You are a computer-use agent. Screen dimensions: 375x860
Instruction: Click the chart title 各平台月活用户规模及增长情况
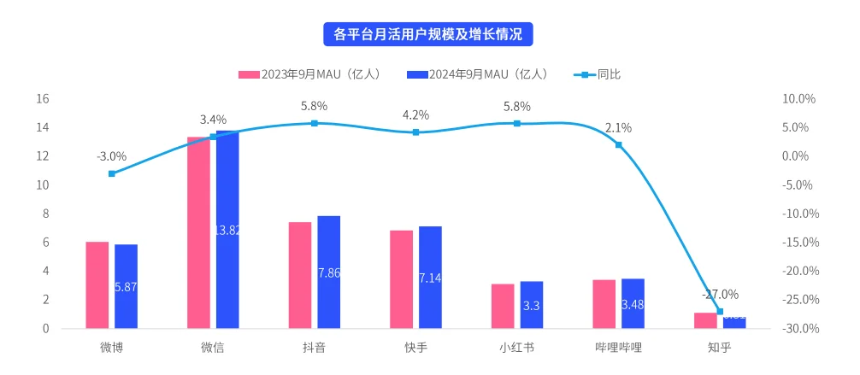click(x=429, y=34)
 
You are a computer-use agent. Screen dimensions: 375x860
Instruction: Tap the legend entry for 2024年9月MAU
click(x=479, y=74)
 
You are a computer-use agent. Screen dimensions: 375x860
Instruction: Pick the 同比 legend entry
click(x=598, y=74)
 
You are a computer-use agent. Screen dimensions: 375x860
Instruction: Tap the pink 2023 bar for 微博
click(x=97, y=284)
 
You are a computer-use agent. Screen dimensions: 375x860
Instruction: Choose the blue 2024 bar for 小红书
click(x=532, y=304)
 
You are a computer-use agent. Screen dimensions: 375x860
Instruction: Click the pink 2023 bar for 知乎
click(x=705, y=320)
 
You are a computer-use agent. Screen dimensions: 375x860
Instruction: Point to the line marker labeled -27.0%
click(x=720, y=312)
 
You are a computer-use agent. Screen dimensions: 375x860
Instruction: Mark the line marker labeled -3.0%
click(x=112, y=173)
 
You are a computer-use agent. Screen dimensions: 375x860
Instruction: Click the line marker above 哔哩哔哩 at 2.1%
click(x=619, y=144)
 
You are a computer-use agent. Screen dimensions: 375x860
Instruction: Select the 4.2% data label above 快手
click(x=415, y=114)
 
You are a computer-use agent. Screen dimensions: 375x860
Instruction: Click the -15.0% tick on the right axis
click(x=801, y=243)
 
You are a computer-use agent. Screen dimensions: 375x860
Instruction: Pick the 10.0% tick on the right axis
click(x=799, y=99)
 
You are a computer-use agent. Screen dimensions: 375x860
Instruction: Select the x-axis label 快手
click(x=415, y=348)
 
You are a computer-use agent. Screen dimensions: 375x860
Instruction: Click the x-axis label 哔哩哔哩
click(x=618, y=348)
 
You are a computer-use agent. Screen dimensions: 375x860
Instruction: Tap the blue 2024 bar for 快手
click(x=430, y=277)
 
